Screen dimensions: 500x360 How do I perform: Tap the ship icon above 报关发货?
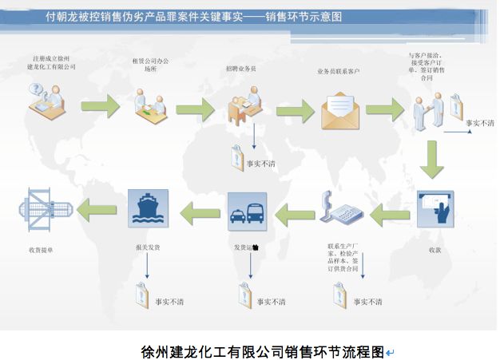[148, 208]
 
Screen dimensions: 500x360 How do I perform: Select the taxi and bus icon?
[247, 209]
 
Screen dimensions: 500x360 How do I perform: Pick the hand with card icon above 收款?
[435, 210]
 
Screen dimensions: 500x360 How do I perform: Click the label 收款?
[435, 250]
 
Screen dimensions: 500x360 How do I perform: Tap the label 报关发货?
[148, 248]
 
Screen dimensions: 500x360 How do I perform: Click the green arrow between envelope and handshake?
[385, 110]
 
